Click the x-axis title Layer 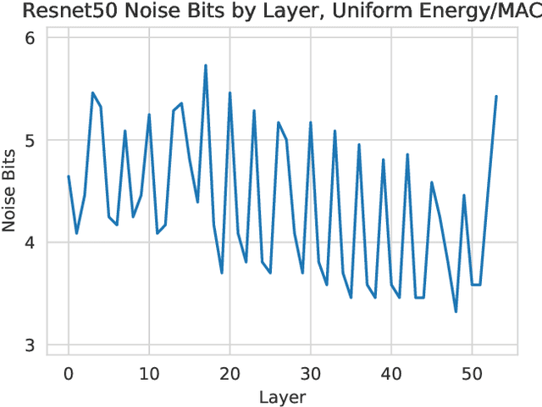coord(282,397)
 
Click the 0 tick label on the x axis coord(68,373)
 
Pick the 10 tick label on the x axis coord(149,373)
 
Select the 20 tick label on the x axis coord(230,373)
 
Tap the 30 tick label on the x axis coord(311,373)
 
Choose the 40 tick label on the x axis coord(391,373)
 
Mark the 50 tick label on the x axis coord(473,373)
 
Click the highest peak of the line coord(206,65)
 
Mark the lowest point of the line coord(456,312)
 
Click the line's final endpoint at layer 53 coord(496,97)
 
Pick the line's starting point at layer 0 coord(68,176)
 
